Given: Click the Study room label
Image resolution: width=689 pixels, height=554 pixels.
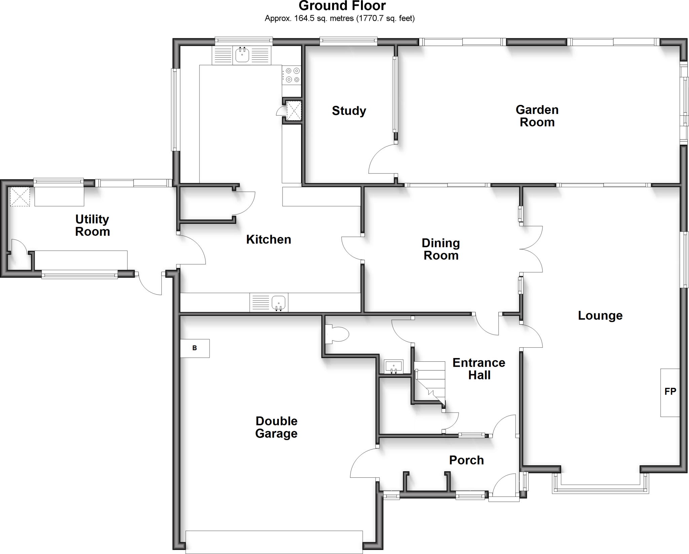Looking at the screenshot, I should pos(349,111).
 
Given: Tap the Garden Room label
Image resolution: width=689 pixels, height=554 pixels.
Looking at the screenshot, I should pos(537,116).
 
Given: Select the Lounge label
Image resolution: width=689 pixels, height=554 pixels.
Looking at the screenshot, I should pos(600,315).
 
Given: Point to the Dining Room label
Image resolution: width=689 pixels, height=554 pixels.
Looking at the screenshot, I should pos(441,249).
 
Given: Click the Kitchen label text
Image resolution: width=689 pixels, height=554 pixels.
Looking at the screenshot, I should pos(268,239).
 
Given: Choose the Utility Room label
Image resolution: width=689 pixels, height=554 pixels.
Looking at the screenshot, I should pos(92,225).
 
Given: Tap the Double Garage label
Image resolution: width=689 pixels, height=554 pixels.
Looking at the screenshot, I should pos(276,427).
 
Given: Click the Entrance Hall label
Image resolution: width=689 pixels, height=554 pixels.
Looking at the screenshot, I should pos(479,369).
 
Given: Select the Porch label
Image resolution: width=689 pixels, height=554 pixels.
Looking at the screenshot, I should pos(466,460).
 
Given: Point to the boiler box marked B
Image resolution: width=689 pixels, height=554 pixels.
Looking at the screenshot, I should pos(195,348).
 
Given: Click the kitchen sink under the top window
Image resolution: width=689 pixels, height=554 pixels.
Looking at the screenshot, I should pos(242,55).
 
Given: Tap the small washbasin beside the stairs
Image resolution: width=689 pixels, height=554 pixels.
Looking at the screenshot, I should pos(393,367).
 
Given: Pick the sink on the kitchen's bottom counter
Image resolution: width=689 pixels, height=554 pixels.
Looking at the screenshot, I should pos(279,302).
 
